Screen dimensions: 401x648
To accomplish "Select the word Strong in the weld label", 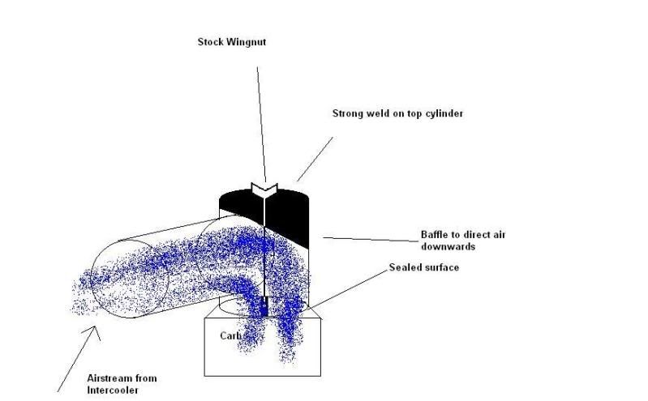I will click(x=347, y=113).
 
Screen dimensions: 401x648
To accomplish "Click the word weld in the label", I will click(x=379, y=113).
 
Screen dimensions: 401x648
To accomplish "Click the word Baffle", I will click(x=434, y=235).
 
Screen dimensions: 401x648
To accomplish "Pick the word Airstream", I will click(x=109, y=378).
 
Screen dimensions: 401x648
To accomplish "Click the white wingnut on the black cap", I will click(x=264, y=189).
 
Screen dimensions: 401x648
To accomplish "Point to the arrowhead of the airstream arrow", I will click(x=97, y=328).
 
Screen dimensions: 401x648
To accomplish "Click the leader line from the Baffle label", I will click(x=369, y=239).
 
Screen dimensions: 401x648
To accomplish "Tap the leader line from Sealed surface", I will click(x=349, y=288).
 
